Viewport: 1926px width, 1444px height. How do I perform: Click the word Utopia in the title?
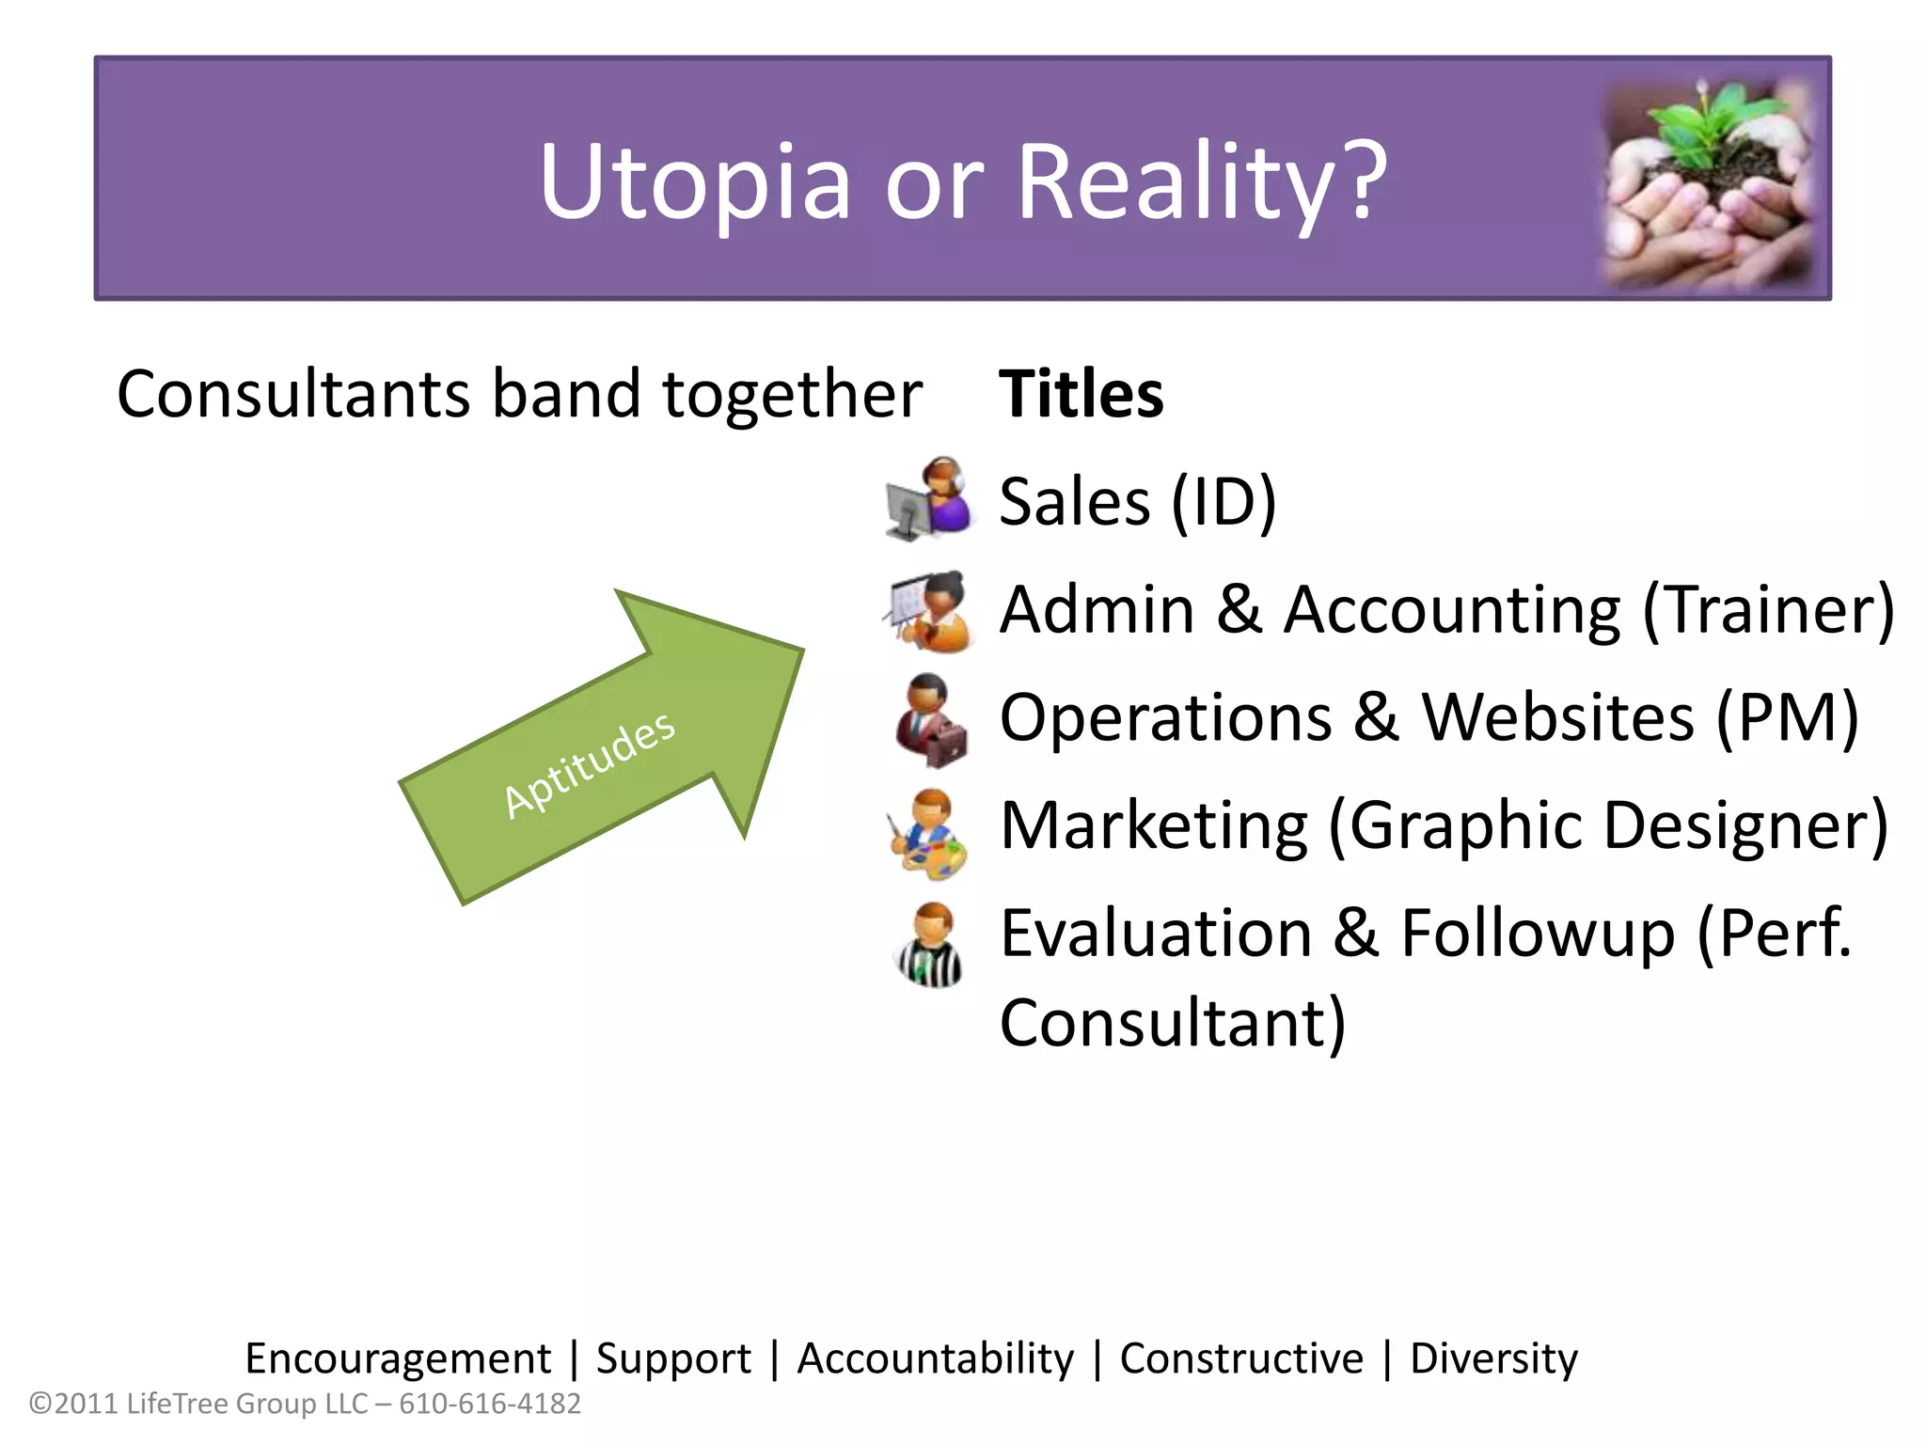694,182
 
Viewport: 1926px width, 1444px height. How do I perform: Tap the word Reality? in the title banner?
1201,182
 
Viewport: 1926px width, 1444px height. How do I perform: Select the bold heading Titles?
1081,394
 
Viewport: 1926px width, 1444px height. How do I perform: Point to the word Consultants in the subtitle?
292,394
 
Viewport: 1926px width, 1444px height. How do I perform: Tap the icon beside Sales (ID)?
930,498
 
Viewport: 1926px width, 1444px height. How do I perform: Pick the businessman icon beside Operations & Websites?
930,719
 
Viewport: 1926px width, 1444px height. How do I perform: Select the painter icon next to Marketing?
928,832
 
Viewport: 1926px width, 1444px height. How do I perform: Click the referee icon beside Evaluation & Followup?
930,945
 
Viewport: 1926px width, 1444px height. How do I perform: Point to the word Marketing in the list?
1153,826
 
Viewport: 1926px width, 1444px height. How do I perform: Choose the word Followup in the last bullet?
1538,934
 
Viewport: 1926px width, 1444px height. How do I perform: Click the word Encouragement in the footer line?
398,1358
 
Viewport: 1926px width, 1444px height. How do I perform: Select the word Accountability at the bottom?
935,1358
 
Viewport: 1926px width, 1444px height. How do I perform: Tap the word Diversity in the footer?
1493,1358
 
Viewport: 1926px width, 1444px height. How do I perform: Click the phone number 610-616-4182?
490,1404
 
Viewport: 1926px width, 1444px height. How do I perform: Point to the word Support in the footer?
673,1358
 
